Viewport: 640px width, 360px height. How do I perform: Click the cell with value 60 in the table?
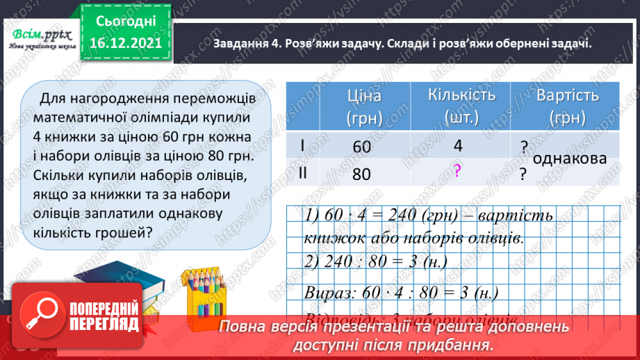coord(361,147)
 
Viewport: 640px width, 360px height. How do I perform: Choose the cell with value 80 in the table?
coord(361,174)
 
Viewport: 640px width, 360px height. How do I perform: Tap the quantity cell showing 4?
coord(457,147)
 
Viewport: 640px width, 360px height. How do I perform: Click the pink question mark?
coord(457,172)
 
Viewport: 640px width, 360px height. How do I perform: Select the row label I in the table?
coord(304,147)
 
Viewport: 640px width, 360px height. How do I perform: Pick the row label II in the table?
coord(304,174)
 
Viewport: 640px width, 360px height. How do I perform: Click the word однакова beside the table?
coord(571,158)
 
